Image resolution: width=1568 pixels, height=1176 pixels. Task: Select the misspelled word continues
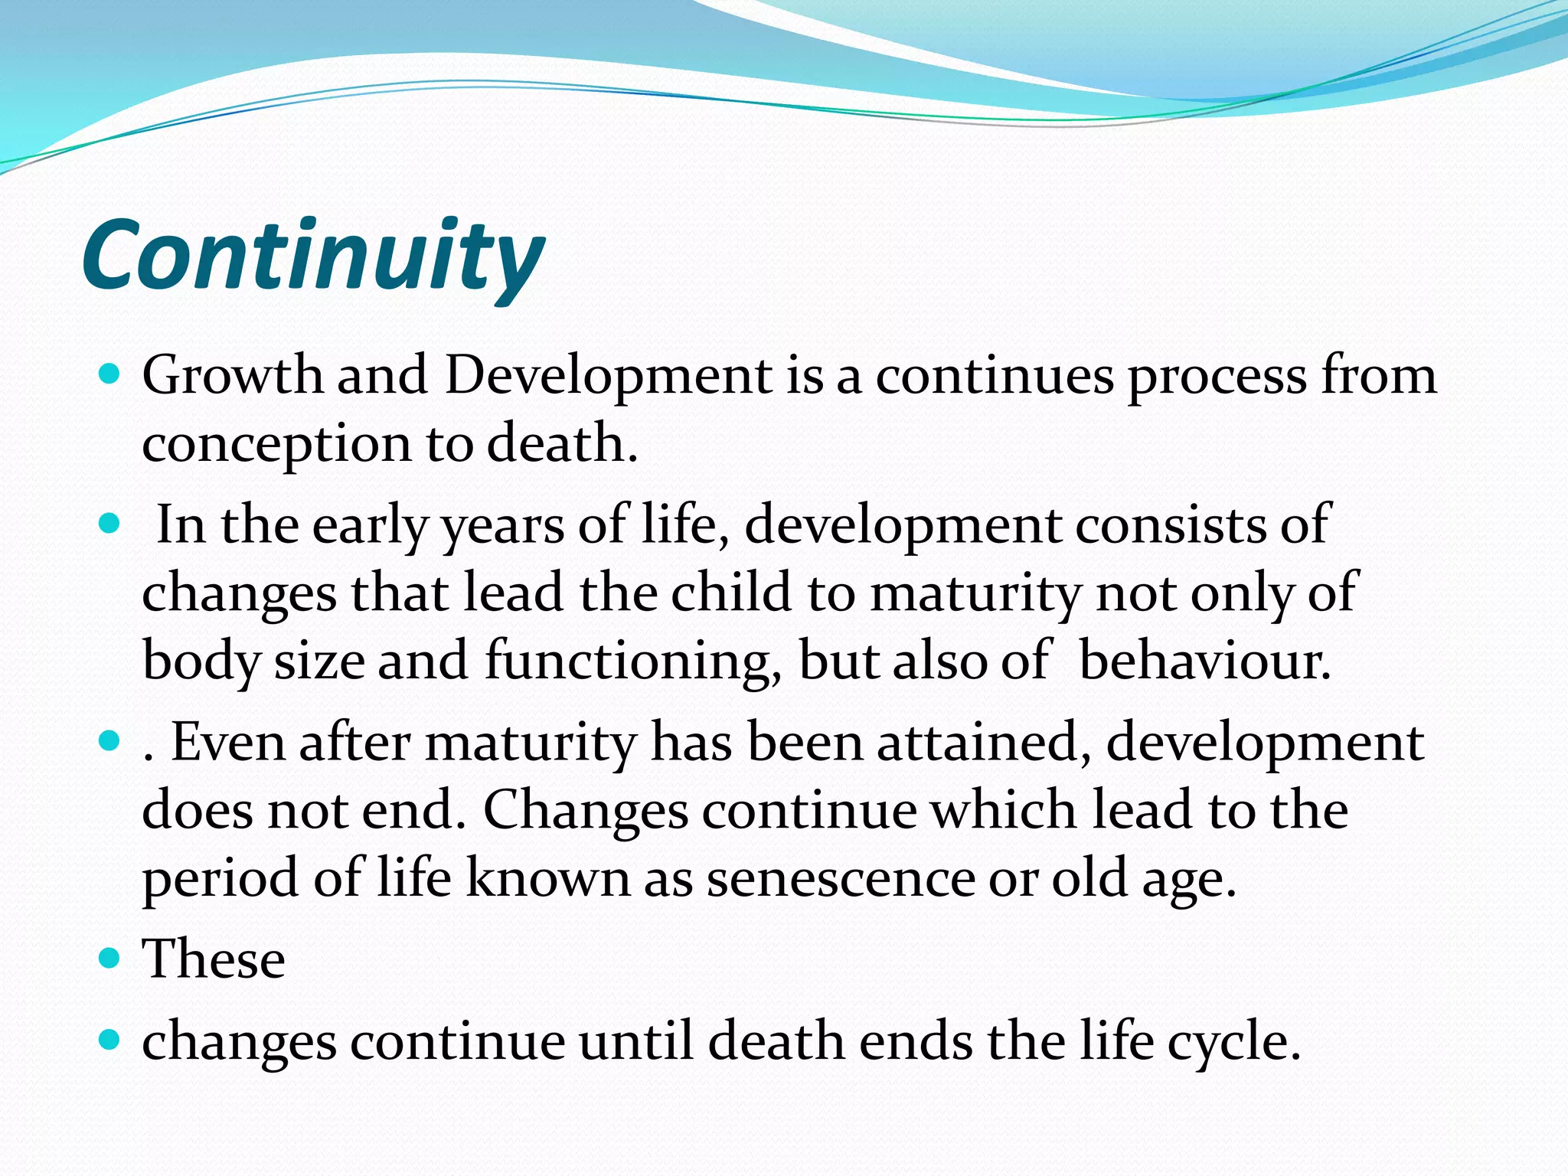pos(995,376)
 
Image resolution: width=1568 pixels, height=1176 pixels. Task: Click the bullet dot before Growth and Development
pos(110,374)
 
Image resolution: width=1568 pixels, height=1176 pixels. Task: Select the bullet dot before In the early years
pos(110,524)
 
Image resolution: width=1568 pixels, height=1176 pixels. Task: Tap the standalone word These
pos(214,959)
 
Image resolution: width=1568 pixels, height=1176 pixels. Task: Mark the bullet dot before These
pos(110,958)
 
